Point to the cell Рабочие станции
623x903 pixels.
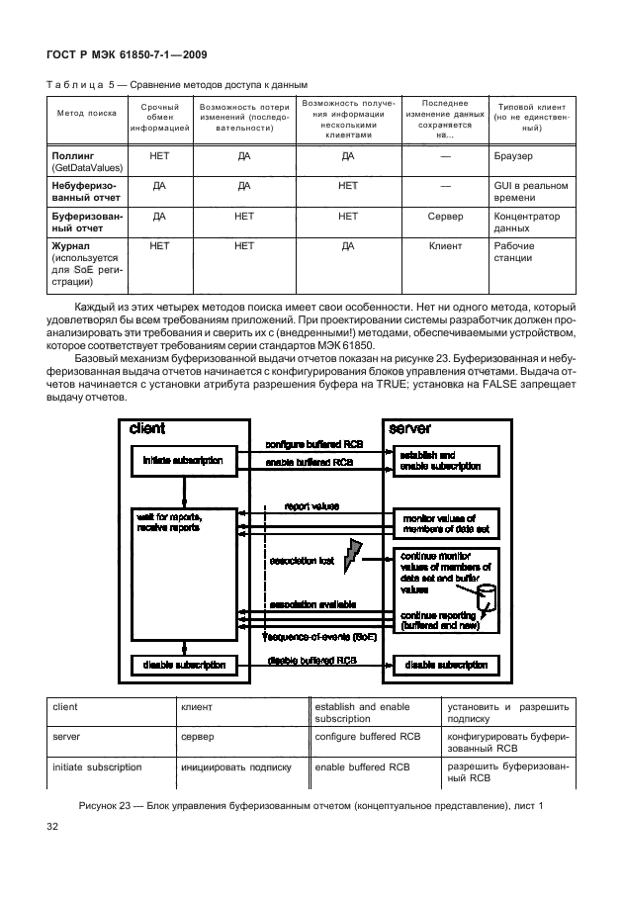click(x=514, y=252)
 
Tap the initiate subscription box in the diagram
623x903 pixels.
click(x=183, y=461)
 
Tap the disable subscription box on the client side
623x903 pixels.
click(x=183, y=666)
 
